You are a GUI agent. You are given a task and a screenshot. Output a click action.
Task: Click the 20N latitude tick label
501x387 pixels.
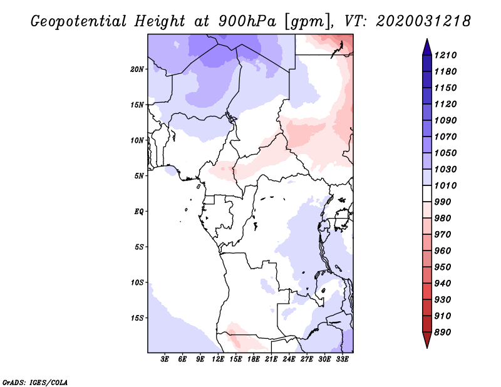tap(137, 69)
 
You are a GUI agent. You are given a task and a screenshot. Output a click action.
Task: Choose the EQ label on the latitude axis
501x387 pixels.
tap(138, 211)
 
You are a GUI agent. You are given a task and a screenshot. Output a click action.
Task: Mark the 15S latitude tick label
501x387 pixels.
tap(137, 317)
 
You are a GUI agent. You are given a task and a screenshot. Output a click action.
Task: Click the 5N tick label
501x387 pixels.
tap(139, 175)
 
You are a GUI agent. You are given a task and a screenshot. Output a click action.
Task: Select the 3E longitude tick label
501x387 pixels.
tap(165, 359)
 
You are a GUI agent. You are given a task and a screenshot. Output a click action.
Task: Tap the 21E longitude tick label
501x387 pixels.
tap(271, 359)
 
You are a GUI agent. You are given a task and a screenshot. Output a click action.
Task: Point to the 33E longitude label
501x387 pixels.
tap(342, 359)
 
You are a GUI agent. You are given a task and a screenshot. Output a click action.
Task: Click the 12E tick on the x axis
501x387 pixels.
tap(219, 359)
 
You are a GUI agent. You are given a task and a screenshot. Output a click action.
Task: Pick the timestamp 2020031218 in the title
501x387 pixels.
tap(423, 21)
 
